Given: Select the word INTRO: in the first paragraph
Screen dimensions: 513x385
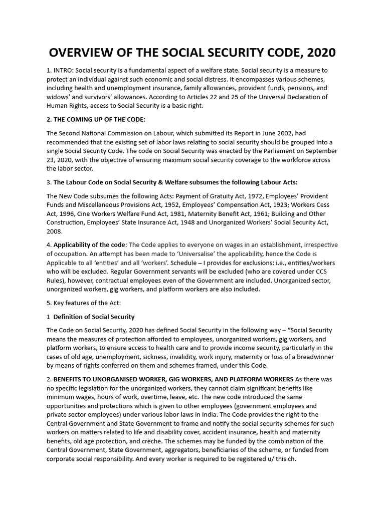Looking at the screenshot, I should pos(65,70).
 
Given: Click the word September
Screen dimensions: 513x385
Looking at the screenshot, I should pos(318,151).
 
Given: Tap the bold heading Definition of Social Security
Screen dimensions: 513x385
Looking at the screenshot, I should pos(94,317).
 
